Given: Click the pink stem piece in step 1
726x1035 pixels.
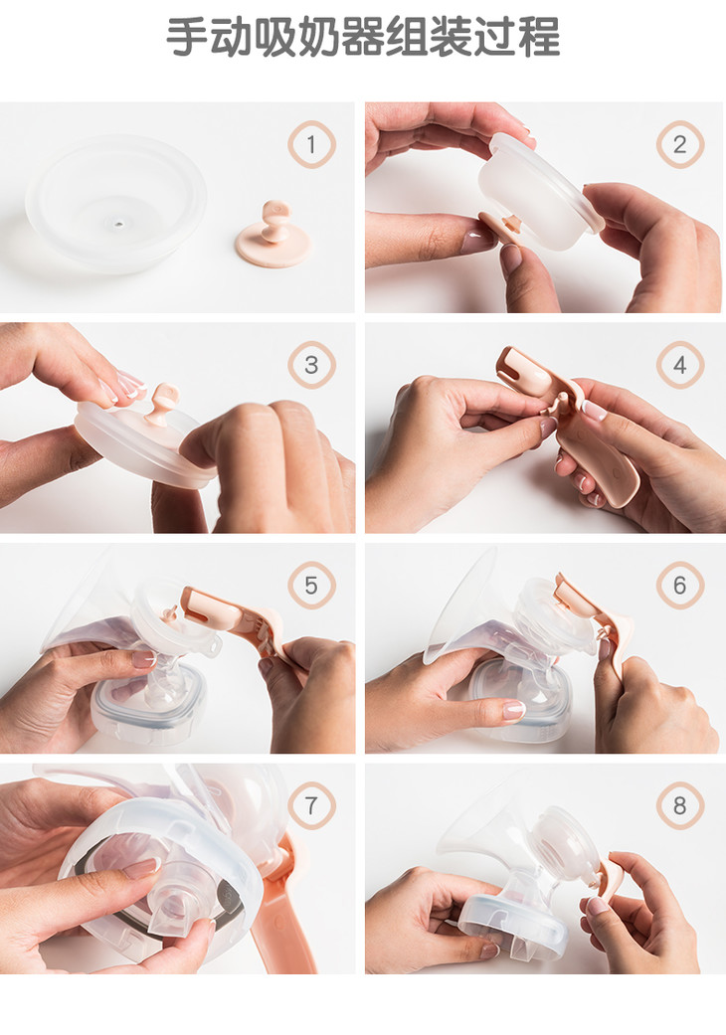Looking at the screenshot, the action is [272, 237].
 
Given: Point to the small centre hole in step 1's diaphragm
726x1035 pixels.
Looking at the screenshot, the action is [118, 225].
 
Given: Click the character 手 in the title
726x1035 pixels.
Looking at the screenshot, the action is [187, 37].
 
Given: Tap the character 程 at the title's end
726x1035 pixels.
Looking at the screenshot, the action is [539, 37].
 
